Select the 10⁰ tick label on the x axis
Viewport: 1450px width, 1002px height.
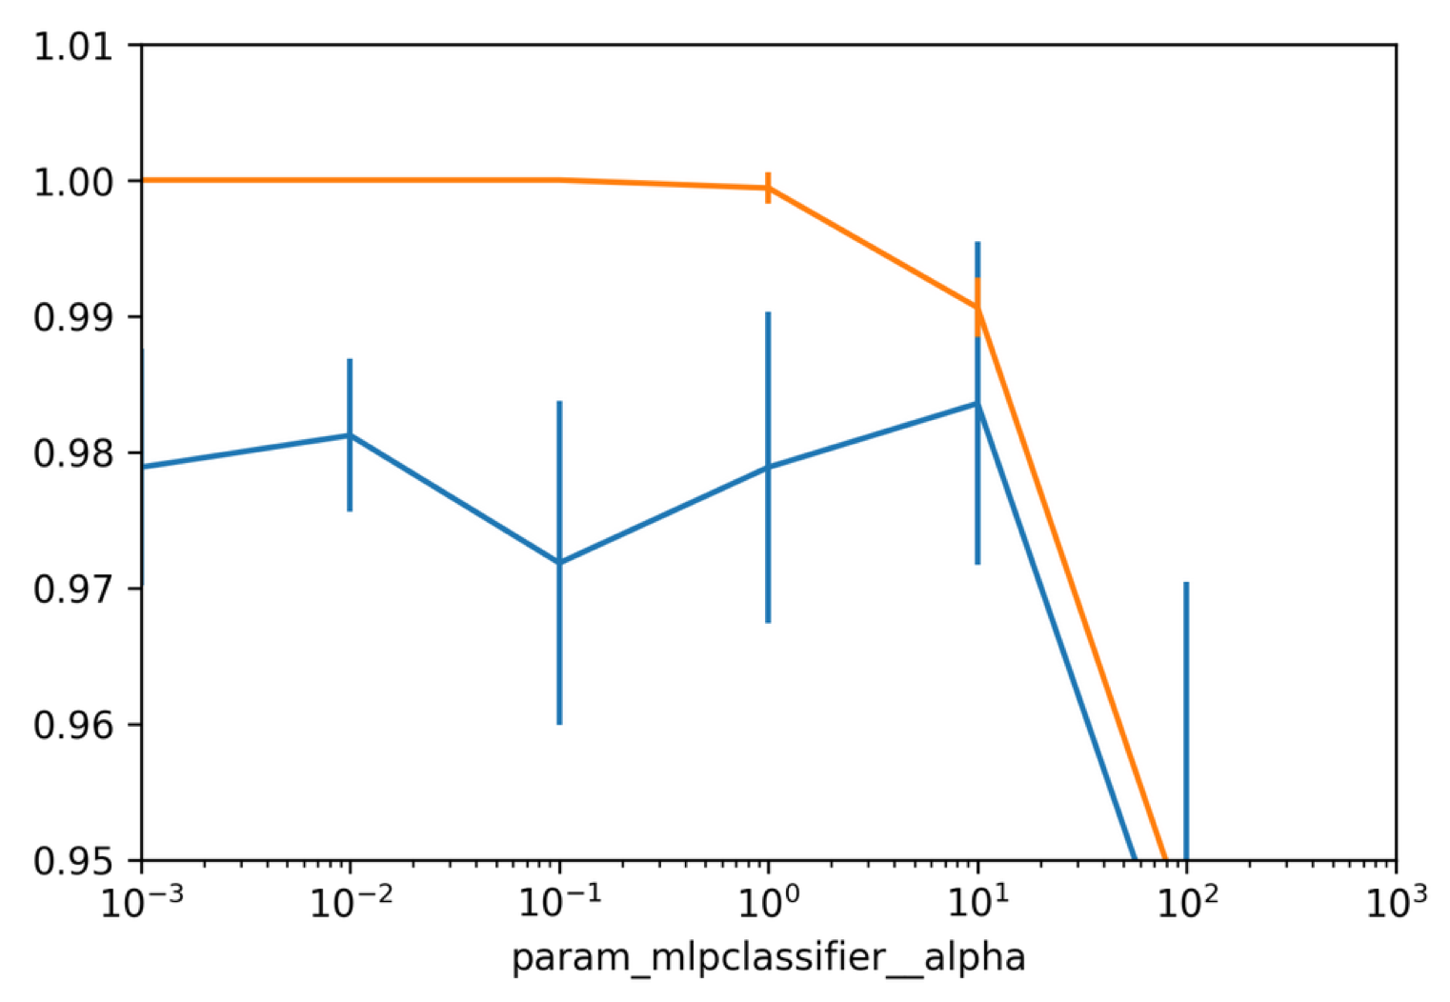(x=768, y=902)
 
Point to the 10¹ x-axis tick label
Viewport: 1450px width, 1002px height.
(x=977, y=902)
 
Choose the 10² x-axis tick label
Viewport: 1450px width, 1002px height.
(x=1186, y=902)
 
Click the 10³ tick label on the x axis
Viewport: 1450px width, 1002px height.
(x=1395, y=902)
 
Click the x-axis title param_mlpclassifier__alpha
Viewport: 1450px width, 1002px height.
(x=768, y=956)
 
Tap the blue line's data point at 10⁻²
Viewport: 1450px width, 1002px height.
(x=350, y=435)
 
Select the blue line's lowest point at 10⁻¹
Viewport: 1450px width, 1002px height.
(x=559, y=562)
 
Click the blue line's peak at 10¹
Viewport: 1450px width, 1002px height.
(x=977, y=403)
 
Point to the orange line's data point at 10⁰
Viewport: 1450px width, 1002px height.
(x=768, y=188)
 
